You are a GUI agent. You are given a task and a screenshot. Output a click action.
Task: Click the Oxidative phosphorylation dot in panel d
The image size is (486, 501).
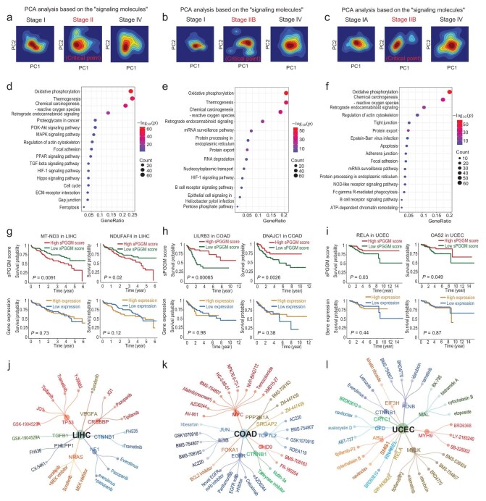coord(131,92)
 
